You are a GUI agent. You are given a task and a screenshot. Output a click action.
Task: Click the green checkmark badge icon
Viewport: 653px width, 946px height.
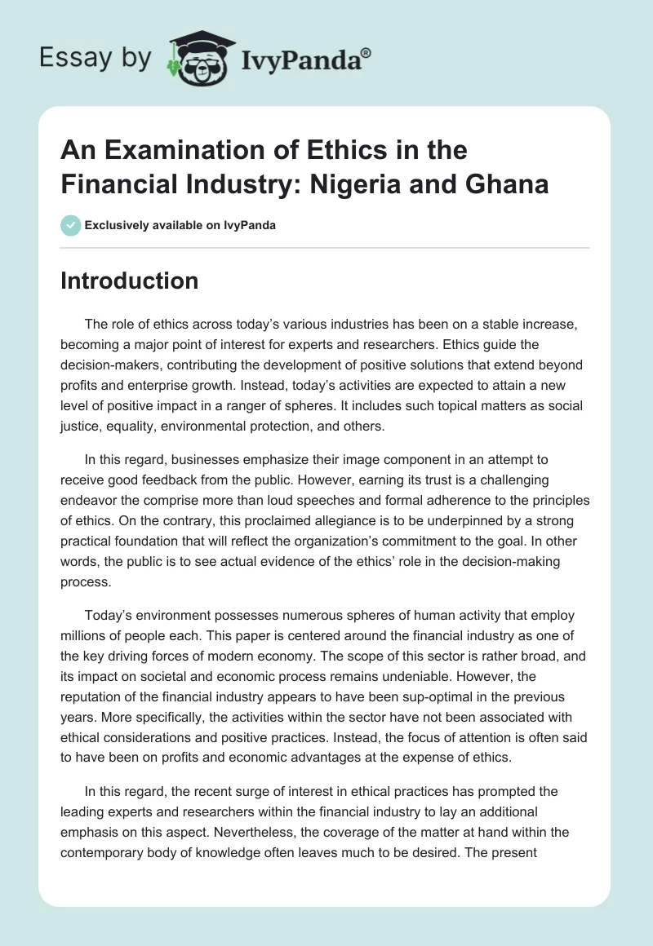coord(71,225)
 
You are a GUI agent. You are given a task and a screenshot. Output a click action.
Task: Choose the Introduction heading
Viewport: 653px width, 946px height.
coord(130,281)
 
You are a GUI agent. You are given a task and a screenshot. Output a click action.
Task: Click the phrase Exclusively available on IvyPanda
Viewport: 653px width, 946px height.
coord(180,225)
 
